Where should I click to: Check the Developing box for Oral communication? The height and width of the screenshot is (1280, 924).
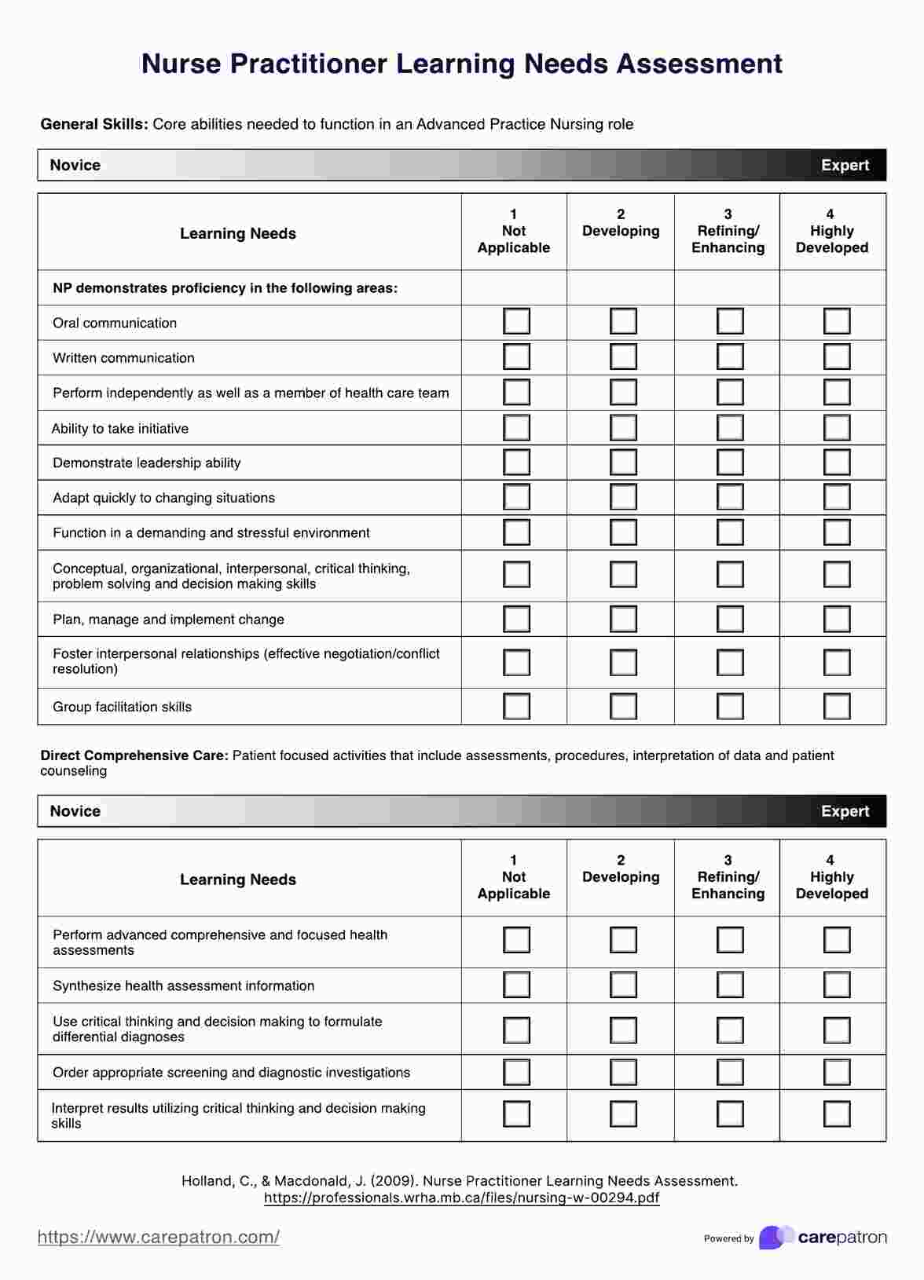click(x=623, y=321)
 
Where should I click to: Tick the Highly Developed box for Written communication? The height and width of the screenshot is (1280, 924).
click(x=837, y=357)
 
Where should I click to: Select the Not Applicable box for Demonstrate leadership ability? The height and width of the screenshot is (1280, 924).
click(x=516, y=462)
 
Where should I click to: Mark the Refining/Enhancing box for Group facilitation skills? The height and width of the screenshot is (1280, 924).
click(x=730, y=706)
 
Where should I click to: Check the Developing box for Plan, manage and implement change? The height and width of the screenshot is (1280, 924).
click(x=623, y=619)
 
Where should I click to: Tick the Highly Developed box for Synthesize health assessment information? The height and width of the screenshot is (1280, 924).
click(x=837, y=985)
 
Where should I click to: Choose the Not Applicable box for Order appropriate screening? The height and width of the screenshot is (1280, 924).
click(x=516, y=1072)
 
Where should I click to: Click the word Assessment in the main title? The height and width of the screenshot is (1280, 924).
click(x=699, y=64)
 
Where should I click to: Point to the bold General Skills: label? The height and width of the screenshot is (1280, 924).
click(x=94, y=124)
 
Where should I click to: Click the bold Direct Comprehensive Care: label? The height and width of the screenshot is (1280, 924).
click(x=134, y=755)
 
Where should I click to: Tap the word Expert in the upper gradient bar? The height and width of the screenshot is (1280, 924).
click(x=845, y=165)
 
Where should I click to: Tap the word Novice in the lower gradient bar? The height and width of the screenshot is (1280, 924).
click(x=75, y=811)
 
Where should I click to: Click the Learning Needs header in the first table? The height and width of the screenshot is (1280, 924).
click(x=238, y=233)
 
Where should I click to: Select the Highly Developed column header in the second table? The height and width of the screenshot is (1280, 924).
click(x=831, y=877)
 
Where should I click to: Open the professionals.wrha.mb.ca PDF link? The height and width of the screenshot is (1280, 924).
click(x=461, y=1198)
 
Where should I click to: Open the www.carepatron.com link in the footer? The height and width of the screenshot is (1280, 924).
click(x=159, y=1238)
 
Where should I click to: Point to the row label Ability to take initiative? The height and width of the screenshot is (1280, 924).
click(x=120, y=429)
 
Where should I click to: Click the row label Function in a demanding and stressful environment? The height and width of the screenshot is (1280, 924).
click(x=211, y=533)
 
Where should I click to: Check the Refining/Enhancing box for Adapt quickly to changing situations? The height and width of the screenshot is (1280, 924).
click(x=730, y=497)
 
